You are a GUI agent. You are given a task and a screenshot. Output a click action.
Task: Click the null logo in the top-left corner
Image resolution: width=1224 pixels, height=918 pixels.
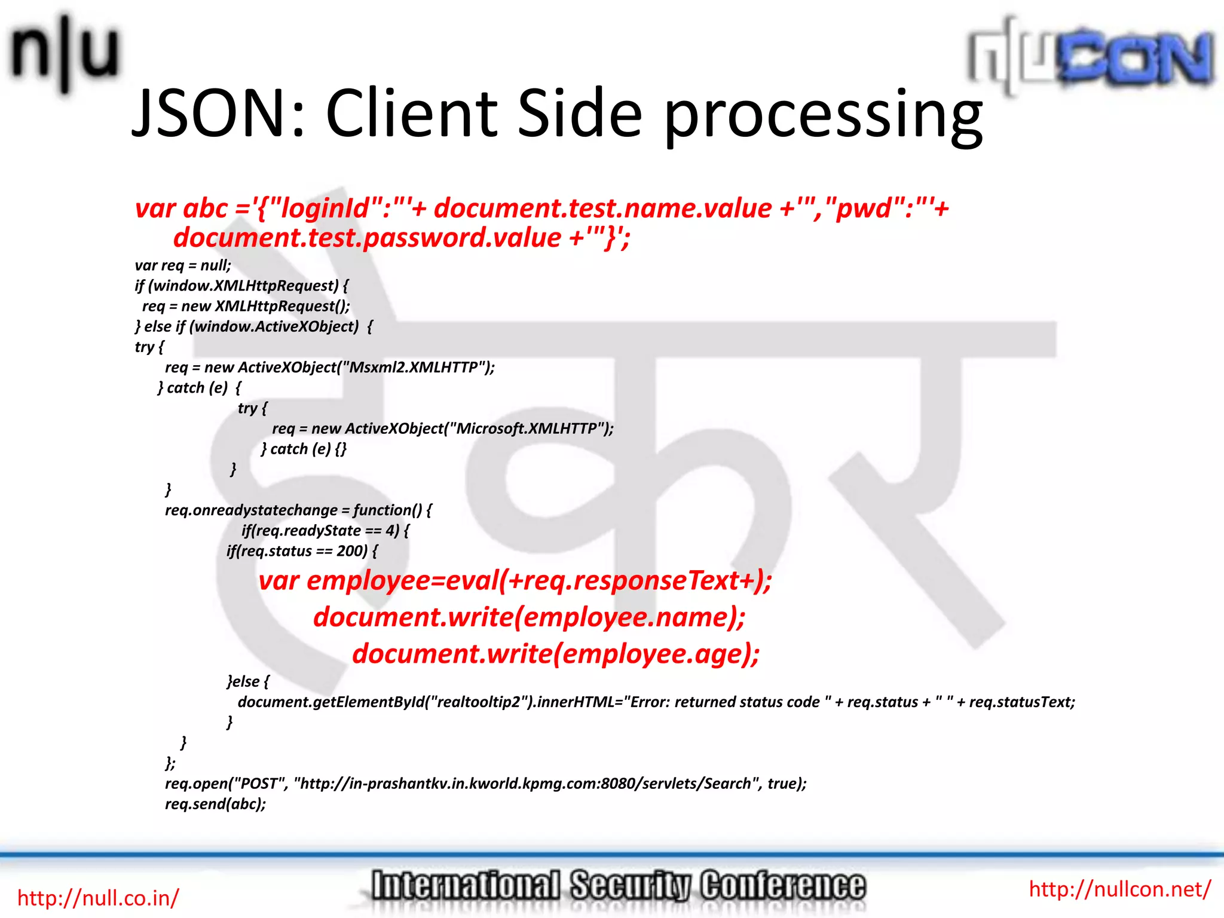tap(65, 53)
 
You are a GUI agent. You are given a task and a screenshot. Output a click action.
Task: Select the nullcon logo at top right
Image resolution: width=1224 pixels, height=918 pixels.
tap(1091, 57)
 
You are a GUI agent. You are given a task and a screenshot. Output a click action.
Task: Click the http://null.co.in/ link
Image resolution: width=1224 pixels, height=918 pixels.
tap(98, 898)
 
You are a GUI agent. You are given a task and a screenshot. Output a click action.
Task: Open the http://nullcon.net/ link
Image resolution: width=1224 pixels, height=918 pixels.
tap(1119, 889)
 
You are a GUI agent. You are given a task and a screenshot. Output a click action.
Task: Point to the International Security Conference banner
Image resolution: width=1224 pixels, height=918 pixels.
tap(618, 886)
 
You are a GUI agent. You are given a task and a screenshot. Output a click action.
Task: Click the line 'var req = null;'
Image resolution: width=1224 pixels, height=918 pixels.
tap(183, 265)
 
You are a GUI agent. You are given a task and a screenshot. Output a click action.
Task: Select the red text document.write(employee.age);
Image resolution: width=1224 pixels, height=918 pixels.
tap(556, 653)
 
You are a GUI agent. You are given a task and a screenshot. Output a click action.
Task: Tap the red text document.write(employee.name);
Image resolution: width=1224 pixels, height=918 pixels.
tap(530, 617)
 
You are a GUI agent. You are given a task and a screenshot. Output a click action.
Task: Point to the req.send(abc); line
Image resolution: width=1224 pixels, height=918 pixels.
tap(215, 804)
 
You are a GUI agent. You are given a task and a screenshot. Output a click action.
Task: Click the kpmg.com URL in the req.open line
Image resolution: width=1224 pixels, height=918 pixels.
tap(527, 784)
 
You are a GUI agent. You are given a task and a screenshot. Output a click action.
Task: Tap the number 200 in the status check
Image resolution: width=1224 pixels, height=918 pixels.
tap(351, 550)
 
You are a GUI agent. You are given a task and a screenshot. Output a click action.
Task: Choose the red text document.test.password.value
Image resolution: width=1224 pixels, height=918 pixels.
tap(367, 238)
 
